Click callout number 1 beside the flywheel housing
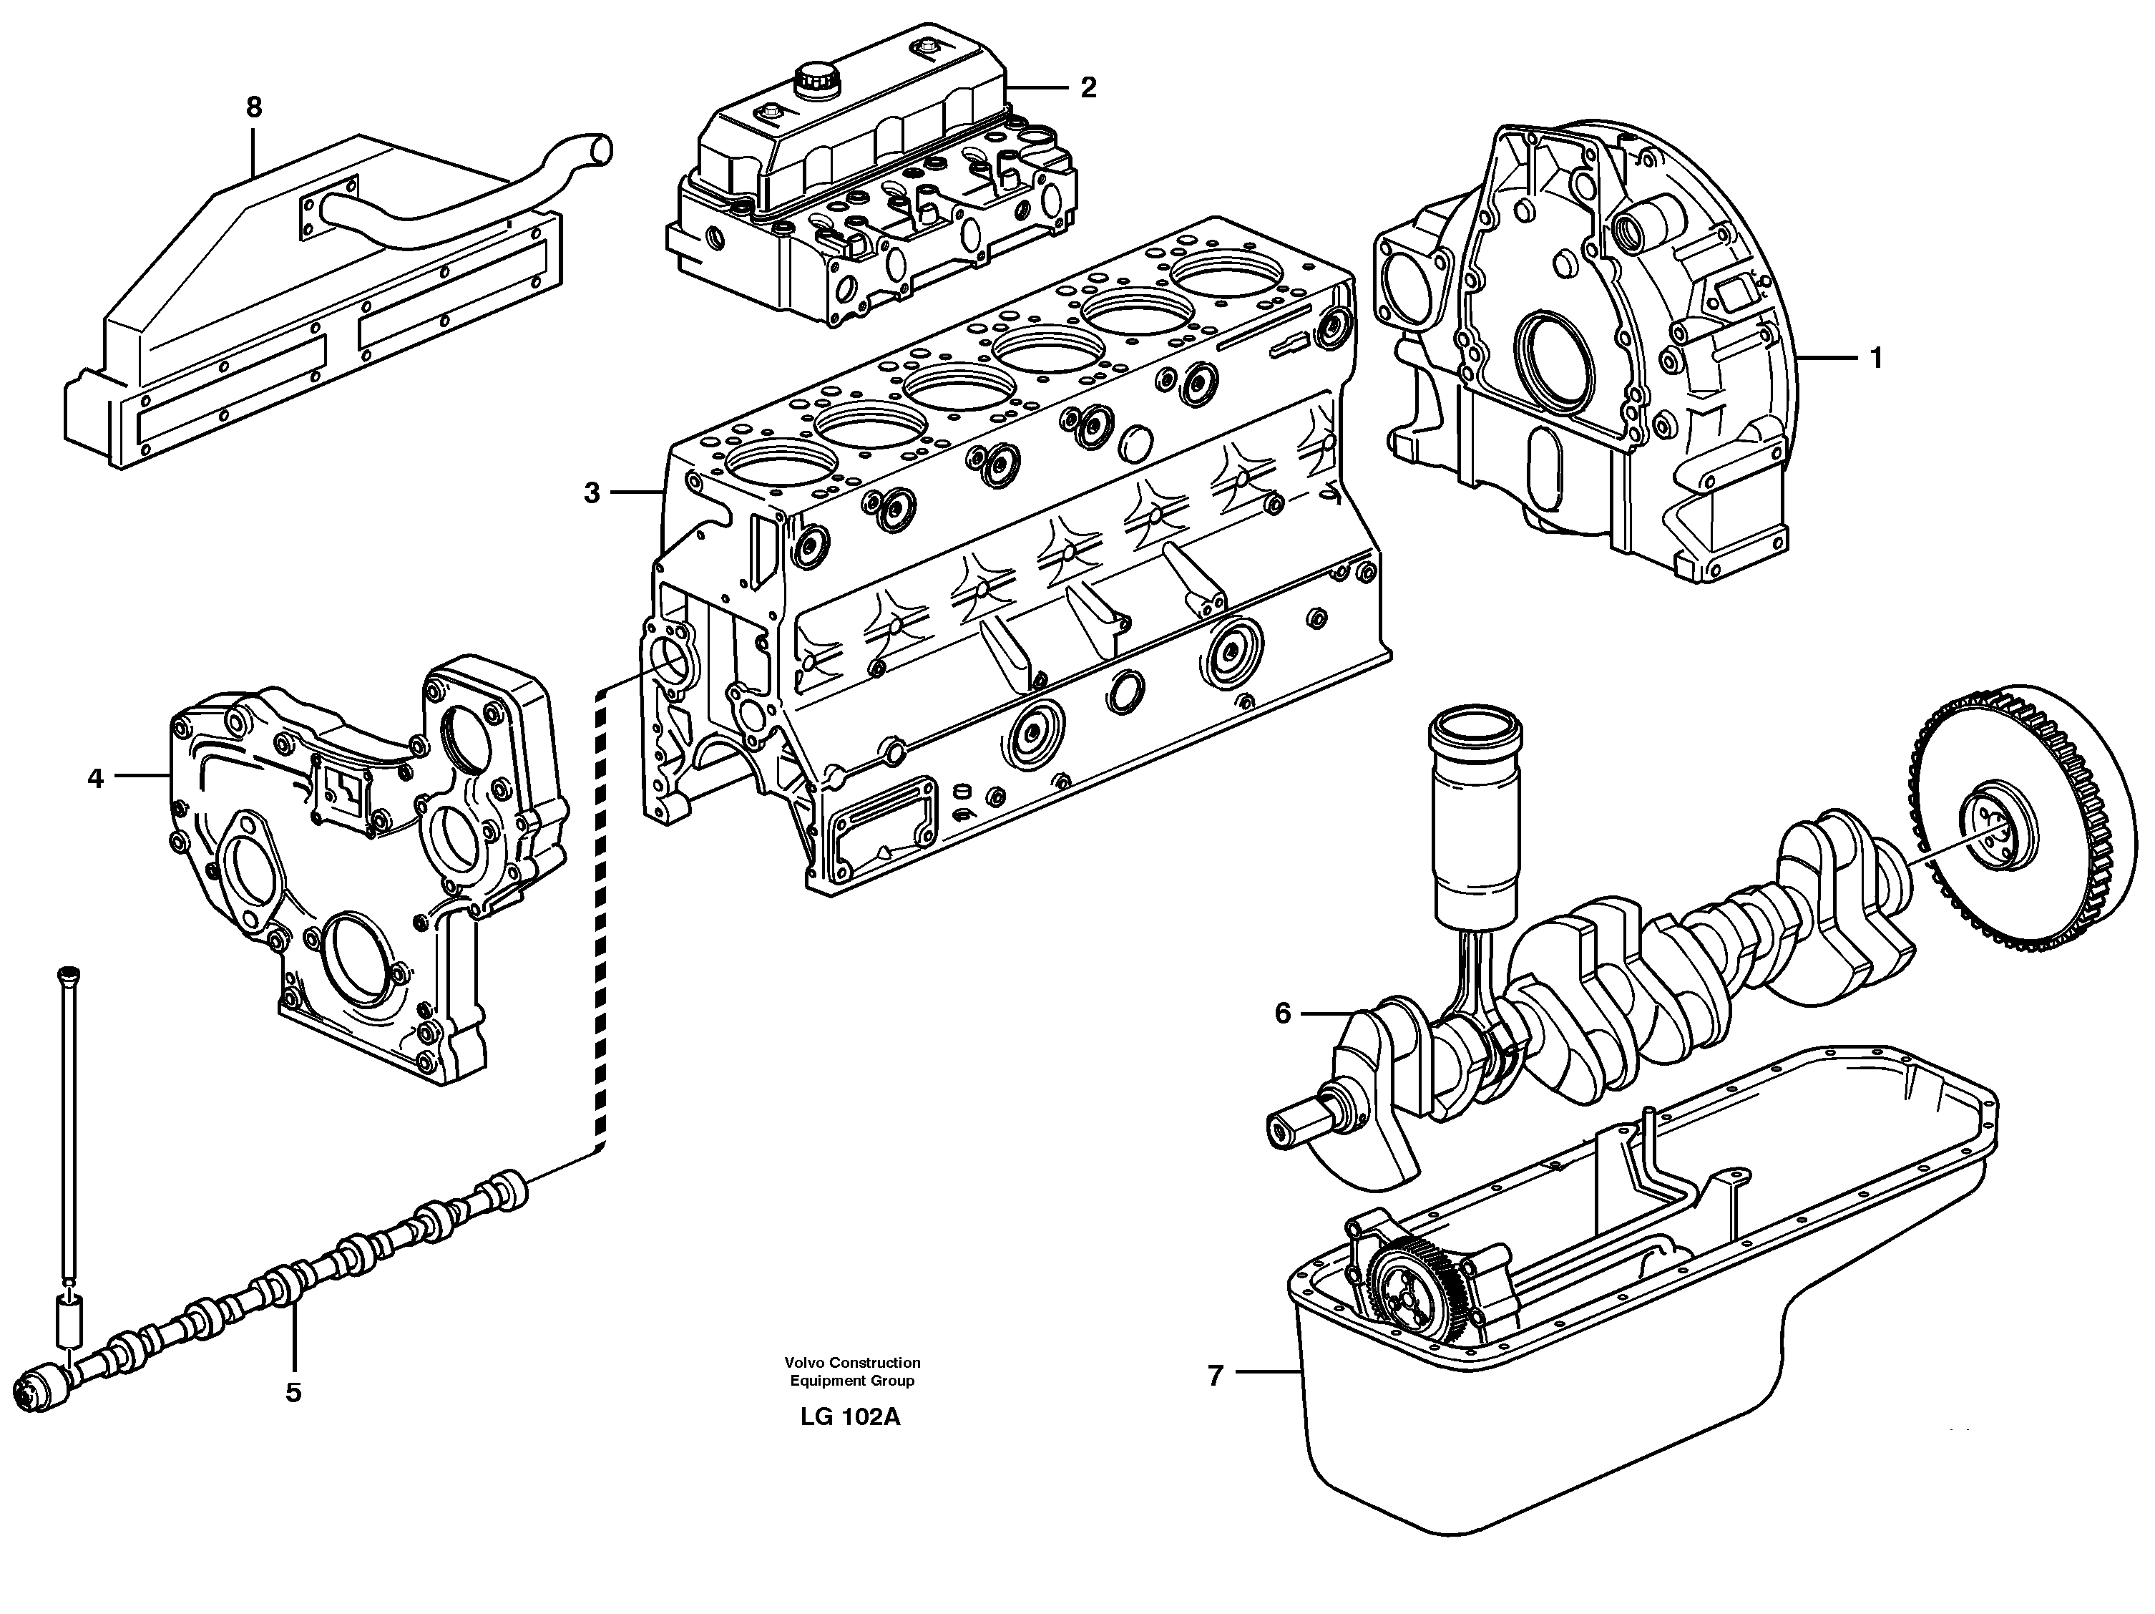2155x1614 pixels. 1875,359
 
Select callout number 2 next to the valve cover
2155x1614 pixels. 1088,88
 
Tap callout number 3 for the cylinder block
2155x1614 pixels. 592,493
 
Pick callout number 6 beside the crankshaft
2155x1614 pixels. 1282,1015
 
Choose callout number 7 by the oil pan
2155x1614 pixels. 1215,1375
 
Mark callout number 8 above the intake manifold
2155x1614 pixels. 254,107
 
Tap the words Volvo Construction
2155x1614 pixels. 852,1363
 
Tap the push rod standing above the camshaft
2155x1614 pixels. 68,1121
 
